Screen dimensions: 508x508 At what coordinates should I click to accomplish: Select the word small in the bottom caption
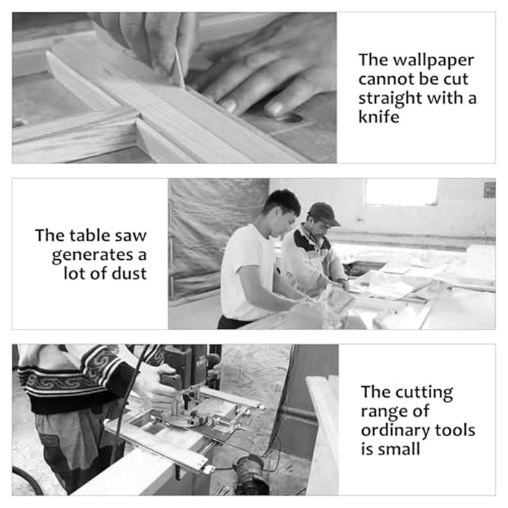click(x=399, y=449)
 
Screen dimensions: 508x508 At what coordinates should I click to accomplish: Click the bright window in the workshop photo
click(x=401, y=191)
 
